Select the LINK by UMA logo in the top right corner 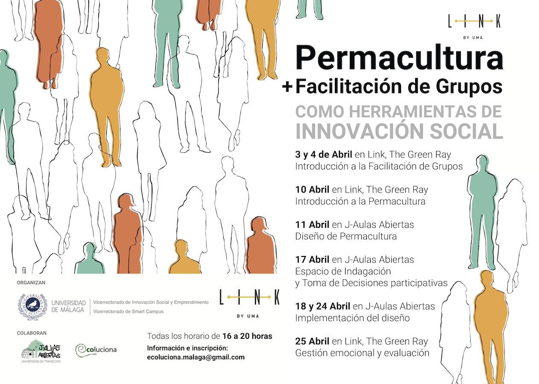coord(474,25)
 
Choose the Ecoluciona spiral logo coord(82,350)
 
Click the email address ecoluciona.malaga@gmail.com coord(196,357)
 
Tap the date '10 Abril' coord(312,189)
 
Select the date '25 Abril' coord(312,341)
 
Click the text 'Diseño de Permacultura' coord(346,236)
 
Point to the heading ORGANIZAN coord(31,282)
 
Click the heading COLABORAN coord(32,333)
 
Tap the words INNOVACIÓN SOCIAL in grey coord(399,131)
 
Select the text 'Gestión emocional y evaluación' coord(362,353)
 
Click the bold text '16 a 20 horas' coord(247,336)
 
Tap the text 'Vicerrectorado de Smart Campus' coord(128,311)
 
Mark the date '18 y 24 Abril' coord(322,306)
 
